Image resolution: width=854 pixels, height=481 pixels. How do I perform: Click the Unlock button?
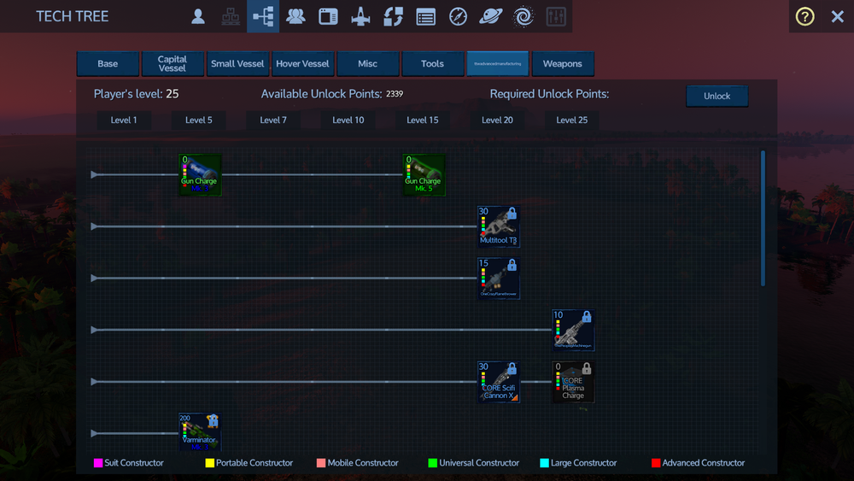717,96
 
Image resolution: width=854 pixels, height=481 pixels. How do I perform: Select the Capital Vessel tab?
172,64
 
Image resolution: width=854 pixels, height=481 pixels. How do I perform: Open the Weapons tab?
562,64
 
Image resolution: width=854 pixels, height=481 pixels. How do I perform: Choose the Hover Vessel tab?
302,64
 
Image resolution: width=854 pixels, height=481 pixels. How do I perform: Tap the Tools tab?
432,64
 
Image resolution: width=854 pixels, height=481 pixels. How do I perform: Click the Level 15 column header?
423,120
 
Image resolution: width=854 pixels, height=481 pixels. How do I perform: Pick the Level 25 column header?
572,120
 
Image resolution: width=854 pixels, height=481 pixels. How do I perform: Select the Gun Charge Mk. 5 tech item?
424,175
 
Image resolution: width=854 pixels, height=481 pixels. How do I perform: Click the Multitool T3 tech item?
499,226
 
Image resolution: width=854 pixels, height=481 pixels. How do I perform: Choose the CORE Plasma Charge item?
573,382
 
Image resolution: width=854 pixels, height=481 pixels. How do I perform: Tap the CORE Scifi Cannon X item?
499,382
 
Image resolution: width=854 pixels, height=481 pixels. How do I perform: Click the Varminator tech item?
200,432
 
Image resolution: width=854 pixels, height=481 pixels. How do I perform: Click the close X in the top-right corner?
837,16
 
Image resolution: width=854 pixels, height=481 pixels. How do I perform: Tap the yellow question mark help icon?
804,16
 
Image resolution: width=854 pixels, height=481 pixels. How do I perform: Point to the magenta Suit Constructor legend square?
98,463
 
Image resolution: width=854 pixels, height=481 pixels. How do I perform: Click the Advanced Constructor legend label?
704,463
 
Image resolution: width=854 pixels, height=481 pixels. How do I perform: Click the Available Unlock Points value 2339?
395,94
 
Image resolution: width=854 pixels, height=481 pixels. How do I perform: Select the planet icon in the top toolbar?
490,16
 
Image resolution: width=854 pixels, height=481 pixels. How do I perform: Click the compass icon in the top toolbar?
458,16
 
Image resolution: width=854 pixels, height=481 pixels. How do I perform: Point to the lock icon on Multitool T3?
512,214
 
